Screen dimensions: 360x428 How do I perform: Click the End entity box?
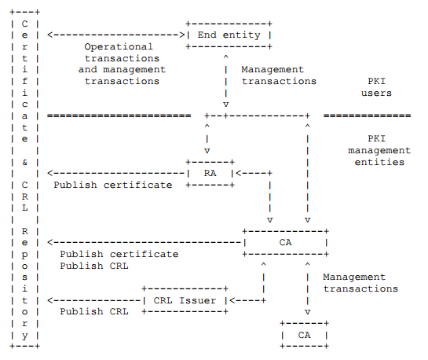coord(229,35)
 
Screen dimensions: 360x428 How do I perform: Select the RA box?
coord(210,173)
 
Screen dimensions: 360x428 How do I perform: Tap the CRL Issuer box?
coord(185,299)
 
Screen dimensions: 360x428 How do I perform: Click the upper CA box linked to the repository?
coord(285,242)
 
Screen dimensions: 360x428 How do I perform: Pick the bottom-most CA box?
coord(304,335)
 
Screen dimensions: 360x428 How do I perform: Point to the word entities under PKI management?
coord(379,162)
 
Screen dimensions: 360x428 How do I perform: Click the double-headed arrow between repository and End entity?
coord(115,35)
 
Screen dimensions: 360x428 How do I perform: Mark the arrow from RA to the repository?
coord(115,173)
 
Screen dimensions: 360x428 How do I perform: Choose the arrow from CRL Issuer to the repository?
coord(94,299)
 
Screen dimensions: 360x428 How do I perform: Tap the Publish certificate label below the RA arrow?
coord(112,185)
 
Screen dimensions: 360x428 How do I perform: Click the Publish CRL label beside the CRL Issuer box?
coord(93,311)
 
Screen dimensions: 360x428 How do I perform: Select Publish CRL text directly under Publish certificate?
coord(93,266)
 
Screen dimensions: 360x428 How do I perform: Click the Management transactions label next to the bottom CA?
coord(360,283)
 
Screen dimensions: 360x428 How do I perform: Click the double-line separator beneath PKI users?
coord(367,116)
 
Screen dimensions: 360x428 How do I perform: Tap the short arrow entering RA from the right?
coord(251,173)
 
